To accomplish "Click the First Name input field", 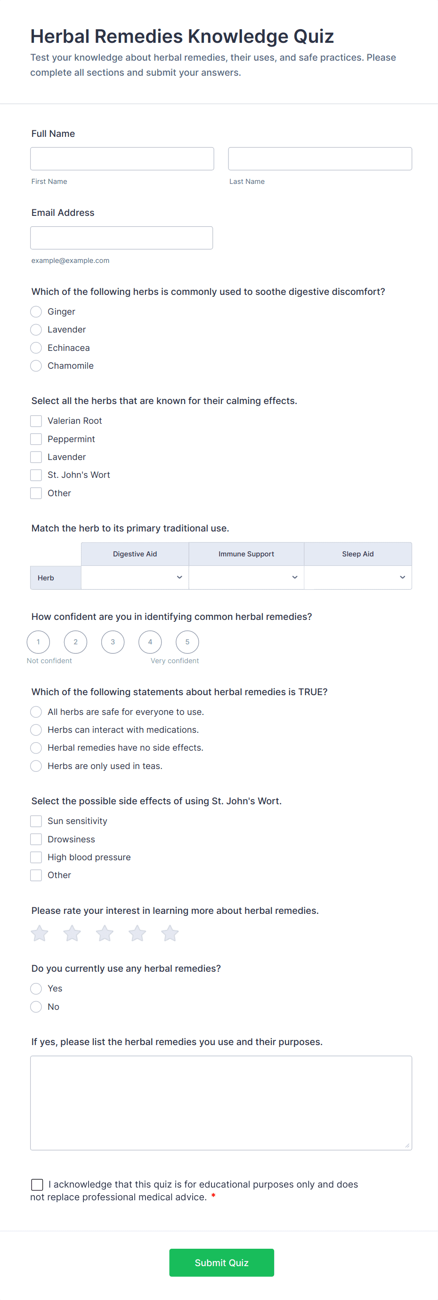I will coord(122,159).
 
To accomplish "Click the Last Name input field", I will coord(320,159).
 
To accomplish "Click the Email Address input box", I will coord(121,238).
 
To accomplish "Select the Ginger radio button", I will coord(36,312).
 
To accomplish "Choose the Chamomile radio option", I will coord(36,366).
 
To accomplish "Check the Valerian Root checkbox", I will coord(36,421).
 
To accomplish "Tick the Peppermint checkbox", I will coord(36,439).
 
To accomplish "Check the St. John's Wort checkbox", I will coord(36,475).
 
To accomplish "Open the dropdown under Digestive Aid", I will coord(135,577).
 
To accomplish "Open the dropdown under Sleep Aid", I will coord(357,577).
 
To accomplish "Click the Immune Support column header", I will coord(246,554).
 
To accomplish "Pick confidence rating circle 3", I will coord(113,642).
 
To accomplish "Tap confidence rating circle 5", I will coord(187,642).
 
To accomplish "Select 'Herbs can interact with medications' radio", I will coord(36,730).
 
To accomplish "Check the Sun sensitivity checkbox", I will coord(36,821).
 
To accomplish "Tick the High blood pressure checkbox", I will coord(36,857).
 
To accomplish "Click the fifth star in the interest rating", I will coord(170,934).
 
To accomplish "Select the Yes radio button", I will coord(36,989).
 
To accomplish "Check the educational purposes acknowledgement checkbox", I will coord(37,1184).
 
